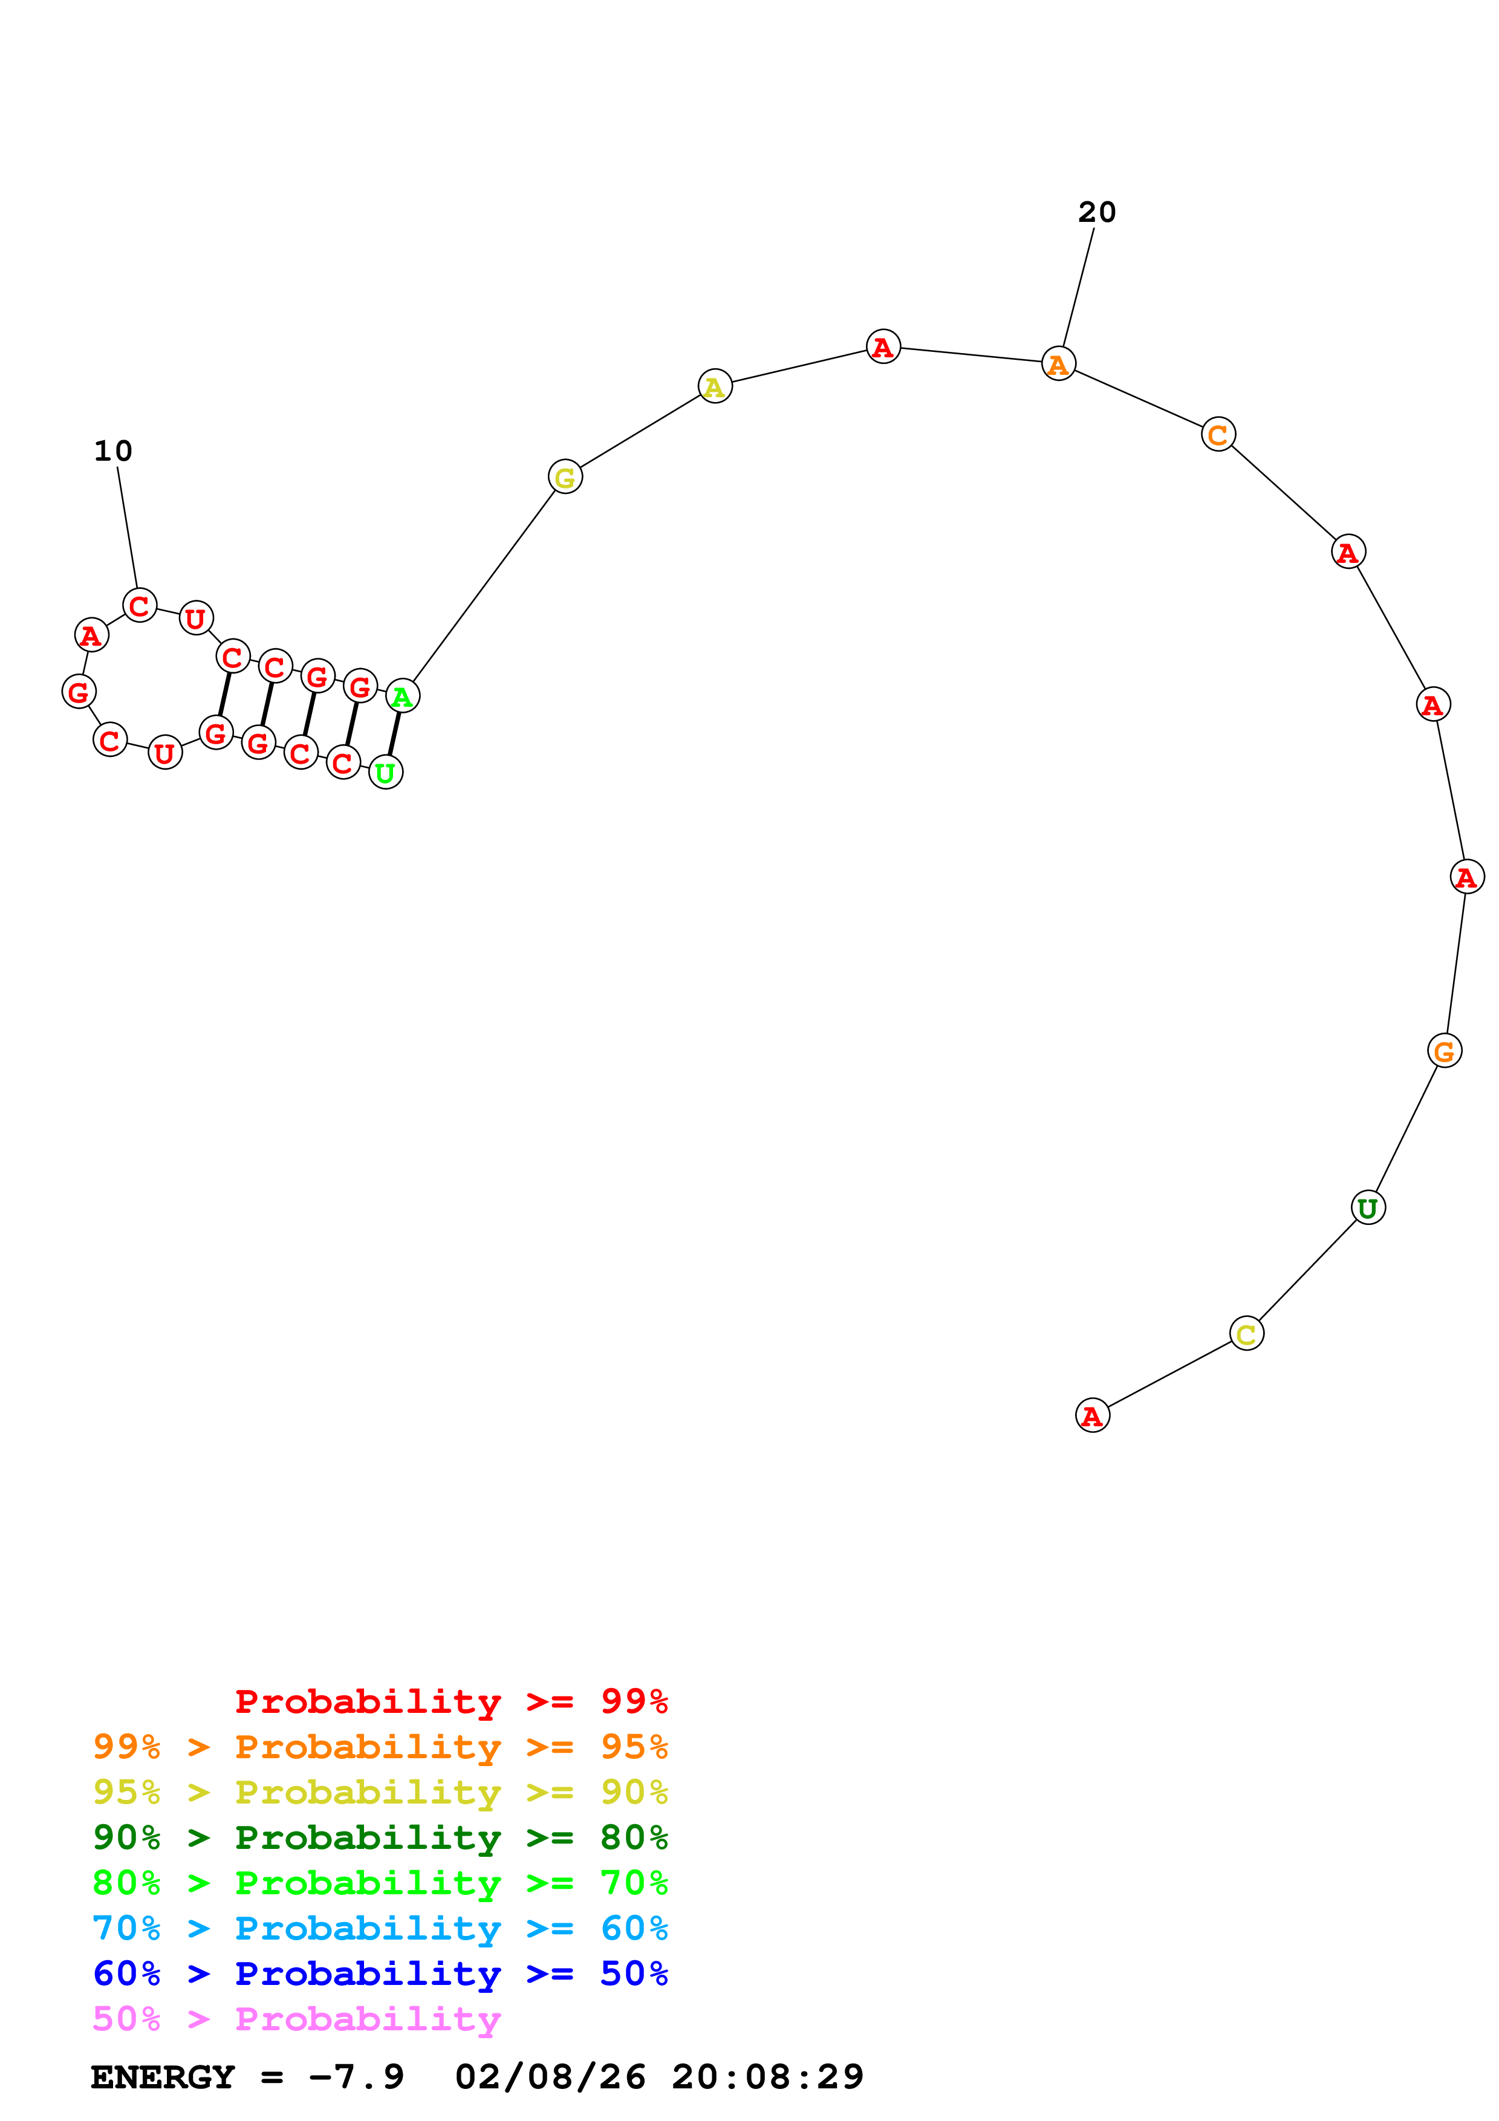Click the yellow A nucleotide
[714, 386]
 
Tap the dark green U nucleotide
[1367, 1207]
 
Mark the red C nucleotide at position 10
[140, 605]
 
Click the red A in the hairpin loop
[91, 635]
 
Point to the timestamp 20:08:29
[767, 2077]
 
